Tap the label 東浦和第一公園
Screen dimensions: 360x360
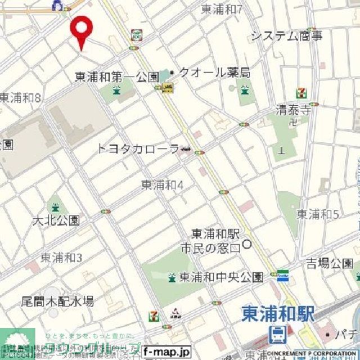[117, 76]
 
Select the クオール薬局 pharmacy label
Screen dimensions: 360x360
[213, 73]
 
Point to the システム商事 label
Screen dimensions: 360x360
[286, 37]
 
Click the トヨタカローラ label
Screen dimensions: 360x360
[138, 149]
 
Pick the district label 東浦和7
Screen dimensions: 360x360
[222, 9]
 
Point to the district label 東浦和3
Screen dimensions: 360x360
[61, 258]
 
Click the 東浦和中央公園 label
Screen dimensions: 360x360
[221, 277]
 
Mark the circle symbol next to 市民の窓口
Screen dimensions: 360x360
[247, 245]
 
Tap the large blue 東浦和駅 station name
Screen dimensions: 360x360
[277, 314]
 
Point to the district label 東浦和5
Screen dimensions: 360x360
[318, 214]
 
